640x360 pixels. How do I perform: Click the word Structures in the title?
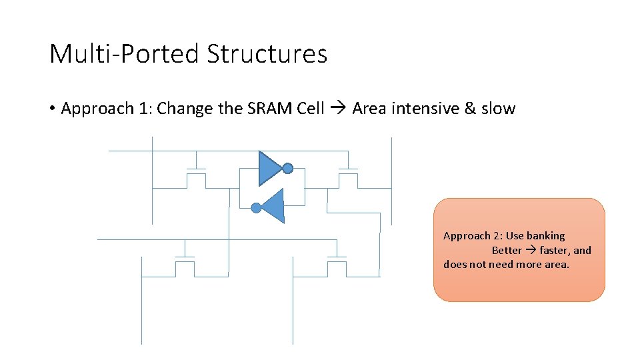pos(267,54)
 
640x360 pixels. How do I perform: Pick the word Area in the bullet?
pos(369,109)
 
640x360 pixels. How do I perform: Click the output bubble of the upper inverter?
pos(287,169)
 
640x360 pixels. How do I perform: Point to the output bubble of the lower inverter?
pos(256,208)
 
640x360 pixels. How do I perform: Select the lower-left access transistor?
pos(185,265)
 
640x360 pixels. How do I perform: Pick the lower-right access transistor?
pos(337,265)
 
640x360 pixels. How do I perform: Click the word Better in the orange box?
pos(507,251)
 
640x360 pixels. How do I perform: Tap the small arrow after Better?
pos(531,251)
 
